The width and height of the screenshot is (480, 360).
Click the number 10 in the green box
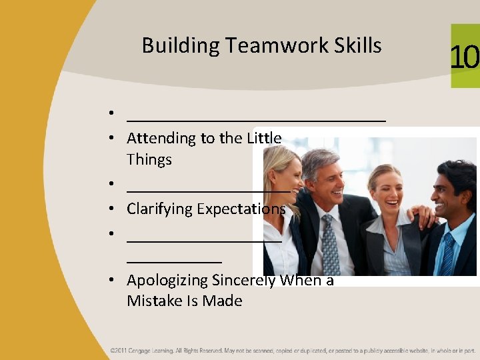coord(465,57)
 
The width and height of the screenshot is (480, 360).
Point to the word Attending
coord(160,139)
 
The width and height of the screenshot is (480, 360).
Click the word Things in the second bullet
coord(149,160)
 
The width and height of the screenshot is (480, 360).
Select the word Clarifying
coord(158,209)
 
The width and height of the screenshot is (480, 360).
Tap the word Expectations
coord(239,209)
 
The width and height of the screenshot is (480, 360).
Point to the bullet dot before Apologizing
coord(115,281)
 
